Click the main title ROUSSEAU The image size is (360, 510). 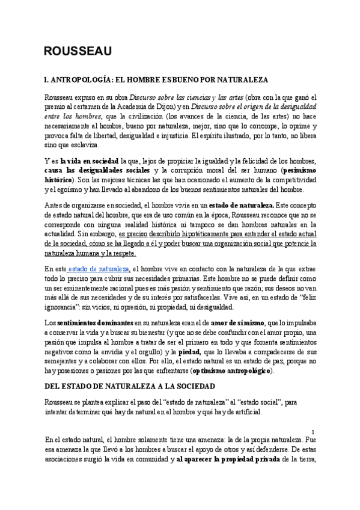(78, 52)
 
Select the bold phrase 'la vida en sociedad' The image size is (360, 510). (89, 161)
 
